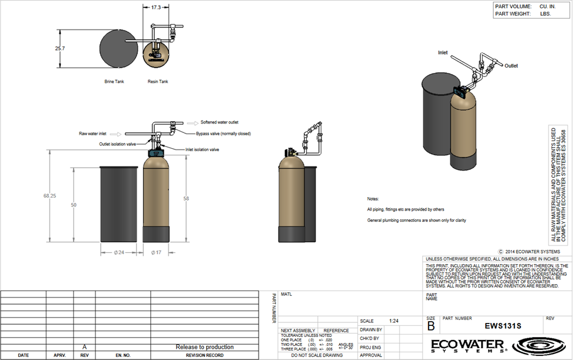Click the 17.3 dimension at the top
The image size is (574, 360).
click(x=156, y=7)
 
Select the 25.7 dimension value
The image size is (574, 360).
click(x=59, y=48)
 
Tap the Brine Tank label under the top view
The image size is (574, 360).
click(x=115, y=82)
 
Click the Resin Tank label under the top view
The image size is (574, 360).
click(x=157, y=82)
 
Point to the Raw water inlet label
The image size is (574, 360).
click(x=92, y=134)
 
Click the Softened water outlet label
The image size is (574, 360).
click(x=220, y=122)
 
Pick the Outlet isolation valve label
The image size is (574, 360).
click(x=118, y=144)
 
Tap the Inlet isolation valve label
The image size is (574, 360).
click(x=203, y=149)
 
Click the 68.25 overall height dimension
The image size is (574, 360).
click(x=49, y=195)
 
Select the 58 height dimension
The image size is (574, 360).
click(x=186, y=199)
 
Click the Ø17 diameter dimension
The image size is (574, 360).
click(x=156, y=252)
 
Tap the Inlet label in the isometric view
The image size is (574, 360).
click(x=442, y=52)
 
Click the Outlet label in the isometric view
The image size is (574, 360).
click(x=511, y=66)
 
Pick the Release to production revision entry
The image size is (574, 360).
click(x=204, y=347)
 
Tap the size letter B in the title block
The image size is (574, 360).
click(x=431, y=326)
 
